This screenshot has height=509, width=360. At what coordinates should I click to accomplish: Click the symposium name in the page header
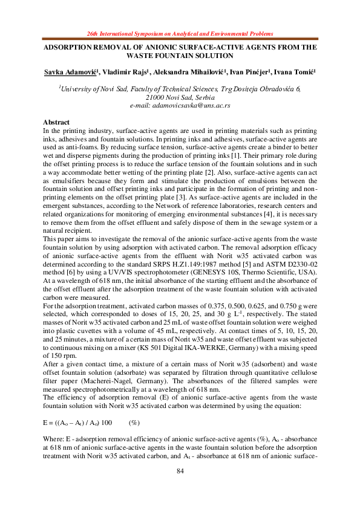180,36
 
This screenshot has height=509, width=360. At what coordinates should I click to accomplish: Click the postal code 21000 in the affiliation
155,97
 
